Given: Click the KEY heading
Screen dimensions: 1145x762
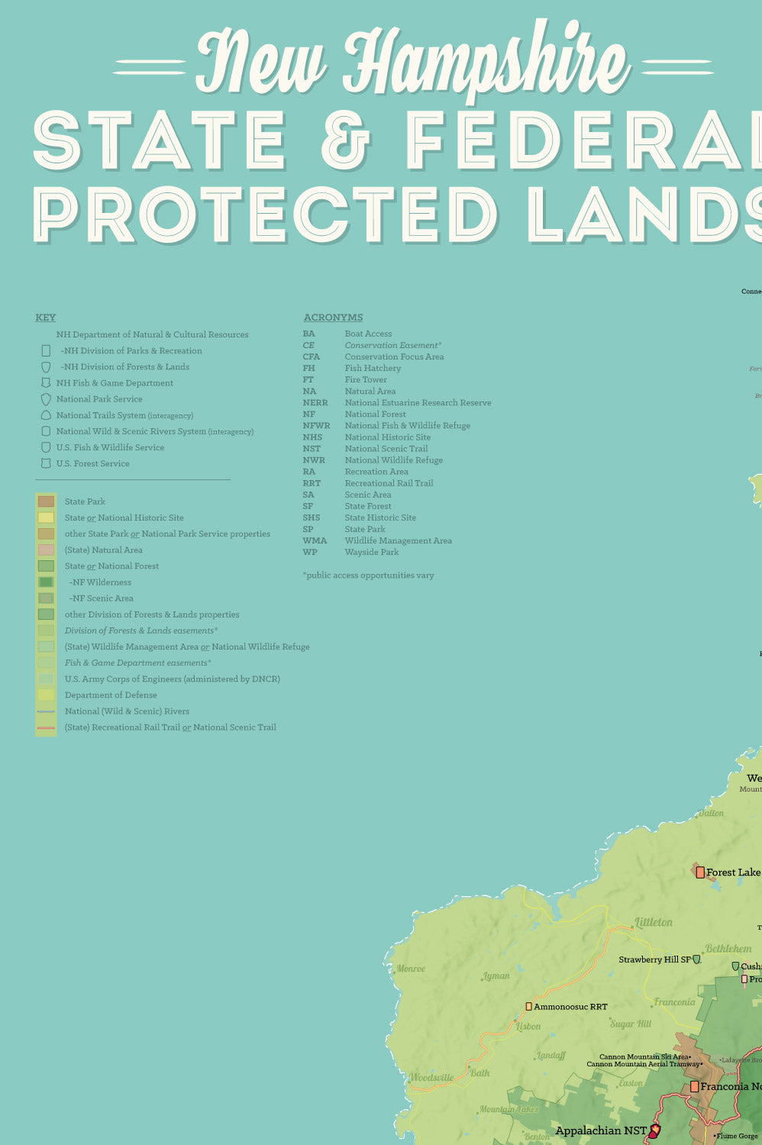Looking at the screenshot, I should [45, 318].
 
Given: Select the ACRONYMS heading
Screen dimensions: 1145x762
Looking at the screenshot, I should [333, 318].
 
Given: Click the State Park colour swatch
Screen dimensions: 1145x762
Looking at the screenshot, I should [46, 502].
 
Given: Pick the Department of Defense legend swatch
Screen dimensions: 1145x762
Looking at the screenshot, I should [46, 695].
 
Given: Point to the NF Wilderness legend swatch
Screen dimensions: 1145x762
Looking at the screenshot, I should [46, 582].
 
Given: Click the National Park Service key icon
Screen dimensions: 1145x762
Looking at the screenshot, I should [46, 399].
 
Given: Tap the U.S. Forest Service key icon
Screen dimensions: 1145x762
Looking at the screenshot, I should [46, 463].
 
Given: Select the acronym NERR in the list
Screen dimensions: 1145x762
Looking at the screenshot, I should [315, 403].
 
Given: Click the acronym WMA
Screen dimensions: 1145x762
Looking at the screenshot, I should [314, 540].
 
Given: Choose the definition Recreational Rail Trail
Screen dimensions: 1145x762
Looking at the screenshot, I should [389, 483].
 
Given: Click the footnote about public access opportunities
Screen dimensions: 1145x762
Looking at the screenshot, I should [368, 576].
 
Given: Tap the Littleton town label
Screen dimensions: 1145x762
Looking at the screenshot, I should [654, 922].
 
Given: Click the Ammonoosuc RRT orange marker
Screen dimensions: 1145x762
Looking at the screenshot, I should [528, 1007].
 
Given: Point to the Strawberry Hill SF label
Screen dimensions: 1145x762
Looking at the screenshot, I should [654, 960].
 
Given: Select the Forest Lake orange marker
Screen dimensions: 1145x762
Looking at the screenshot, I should [700, 872].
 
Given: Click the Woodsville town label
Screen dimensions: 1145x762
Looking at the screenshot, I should [431, 1078].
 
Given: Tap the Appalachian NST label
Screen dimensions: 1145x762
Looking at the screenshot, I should [600, 1130].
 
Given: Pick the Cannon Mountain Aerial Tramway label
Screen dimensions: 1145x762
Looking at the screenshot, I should [643, 1064].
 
